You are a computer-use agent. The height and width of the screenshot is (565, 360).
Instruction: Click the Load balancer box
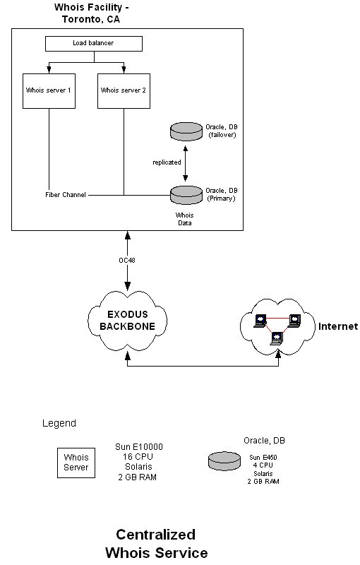(x=94, y=43)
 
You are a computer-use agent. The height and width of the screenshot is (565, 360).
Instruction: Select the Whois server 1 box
(x=49, y=91)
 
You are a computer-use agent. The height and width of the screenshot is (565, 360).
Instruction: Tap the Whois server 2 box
(x=124, y=91)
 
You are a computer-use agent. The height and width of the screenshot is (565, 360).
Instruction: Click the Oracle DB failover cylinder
(x=186, y=131)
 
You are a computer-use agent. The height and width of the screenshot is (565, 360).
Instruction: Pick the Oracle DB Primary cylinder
(x=186, y=195)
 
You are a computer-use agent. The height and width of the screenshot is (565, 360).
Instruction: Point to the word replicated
(x=167, y=162)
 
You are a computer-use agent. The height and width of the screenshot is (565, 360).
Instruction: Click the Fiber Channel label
(x=66, y=195)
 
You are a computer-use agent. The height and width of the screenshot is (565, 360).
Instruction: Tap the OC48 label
(x=127, y=260)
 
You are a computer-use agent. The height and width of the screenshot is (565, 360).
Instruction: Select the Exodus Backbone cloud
(x=128, y=320)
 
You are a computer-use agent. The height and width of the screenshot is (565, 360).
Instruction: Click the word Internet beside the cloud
(x=338, y=326)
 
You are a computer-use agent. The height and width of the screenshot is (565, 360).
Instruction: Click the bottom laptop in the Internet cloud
(x=277, y=338)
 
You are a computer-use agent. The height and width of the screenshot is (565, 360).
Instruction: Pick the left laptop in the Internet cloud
(x=260, y=321)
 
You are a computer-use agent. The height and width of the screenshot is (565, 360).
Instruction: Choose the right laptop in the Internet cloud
(x=294, y=321)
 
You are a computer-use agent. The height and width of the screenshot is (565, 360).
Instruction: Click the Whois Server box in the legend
(x=76, y=463)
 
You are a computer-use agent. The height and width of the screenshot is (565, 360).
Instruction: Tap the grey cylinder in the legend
(x=224, y=461)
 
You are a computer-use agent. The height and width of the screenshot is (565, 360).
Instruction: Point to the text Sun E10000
(x=139, y=447)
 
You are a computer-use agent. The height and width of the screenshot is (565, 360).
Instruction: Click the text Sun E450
(x=263, y=457)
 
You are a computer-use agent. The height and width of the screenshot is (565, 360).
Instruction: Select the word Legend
(x=59, y=423)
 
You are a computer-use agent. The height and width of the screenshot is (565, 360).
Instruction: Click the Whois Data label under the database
(x=185, y=219)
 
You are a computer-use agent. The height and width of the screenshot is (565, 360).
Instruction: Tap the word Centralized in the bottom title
(x=156, y=535)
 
